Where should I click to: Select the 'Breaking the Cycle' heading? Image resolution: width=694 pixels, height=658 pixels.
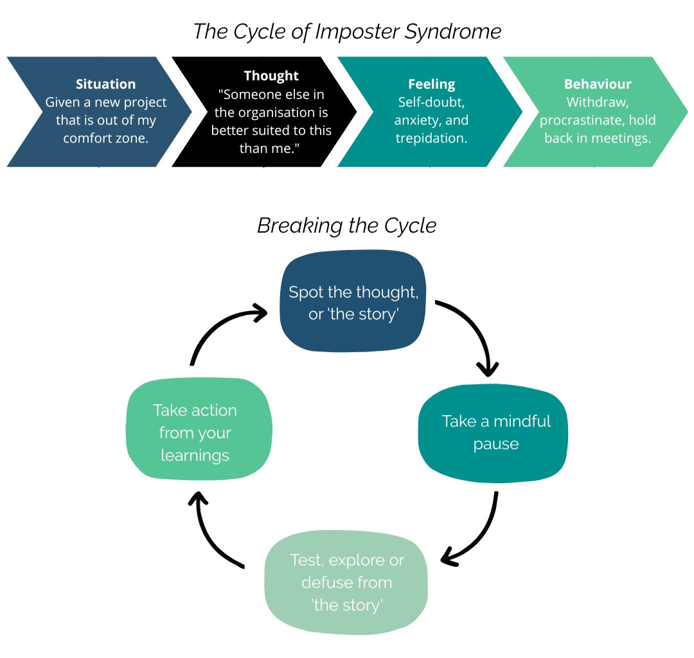[346, 226]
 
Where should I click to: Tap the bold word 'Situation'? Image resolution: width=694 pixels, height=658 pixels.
[106, 84]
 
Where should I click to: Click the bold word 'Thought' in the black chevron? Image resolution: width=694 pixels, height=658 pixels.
[271, 76]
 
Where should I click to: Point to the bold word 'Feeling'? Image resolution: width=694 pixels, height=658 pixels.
[432, 84]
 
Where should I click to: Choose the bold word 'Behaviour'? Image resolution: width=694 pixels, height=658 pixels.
[598, 84]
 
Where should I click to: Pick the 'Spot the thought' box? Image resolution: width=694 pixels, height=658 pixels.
[353, 301]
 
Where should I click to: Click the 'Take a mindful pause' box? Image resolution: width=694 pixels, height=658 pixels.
[493, 432]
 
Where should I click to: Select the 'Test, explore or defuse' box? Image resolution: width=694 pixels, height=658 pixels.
[346, 582]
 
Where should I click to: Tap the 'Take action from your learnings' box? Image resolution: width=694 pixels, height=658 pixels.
[199, 429]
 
